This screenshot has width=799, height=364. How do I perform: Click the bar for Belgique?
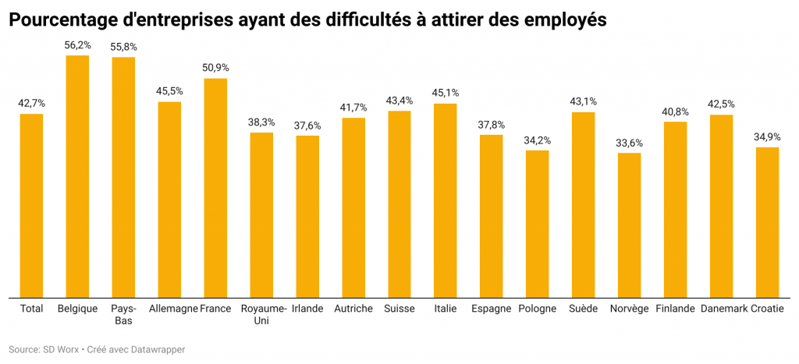(x=77, y=175)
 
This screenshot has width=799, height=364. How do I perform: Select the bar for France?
(x=215, y=187)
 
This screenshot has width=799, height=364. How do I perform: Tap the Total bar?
(x=31, y=205)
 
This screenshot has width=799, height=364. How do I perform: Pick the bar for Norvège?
(x=629, y=224)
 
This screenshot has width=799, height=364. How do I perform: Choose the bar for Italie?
(x=445, y=200)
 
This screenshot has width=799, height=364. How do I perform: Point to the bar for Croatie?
(x=767, y=221)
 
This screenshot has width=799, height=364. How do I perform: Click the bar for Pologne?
(x=537, y=223)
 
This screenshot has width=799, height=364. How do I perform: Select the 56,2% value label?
(x=77, y=45)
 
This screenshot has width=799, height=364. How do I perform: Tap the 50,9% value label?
(x=215, y=68)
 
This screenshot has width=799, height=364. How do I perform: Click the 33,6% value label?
(x=629, y=142)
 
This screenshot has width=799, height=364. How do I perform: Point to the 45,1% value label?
(x=445, y=93)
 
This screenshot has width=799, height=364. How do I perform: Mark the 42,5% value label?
(x=721, y=104)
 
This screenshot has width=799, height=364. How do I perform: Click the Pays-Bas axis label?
(x=123, y=314)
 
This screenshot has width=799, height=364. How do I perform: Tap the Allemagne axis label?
(x=173, y=309)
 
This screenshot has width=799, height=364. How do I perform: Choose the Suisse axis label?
(x=399, y=309)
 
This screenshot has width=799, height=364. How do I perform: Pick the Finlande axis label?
(x=675, y=309)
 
